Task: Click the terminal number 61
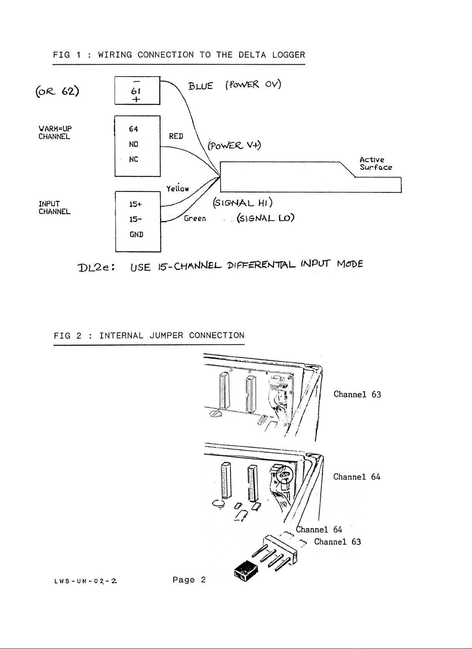pyautogui.click(x=136, y=91)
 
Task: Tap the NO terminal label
pyautogui.click(x=134, y=144)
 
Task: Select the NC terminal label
pyautogui.click(x=134, y=159)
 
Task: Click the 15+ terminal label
pyautogui.click(x=136, y=204)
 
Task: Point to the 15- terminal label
pyautogui.click(x=136, y=219)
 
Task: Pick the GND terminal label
pyautogui.click(x=136, y=235)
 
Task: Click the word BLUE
pyautogui.click(x=201, y=86)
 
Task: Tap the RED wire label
pyautogui.click(x=176, y=136)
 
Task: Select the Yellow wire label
pyautogui.click(x=177, y=188)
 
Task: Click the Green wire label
pyautogui.click(x=195, y=218)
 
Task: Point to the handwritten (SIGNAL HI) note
pyautogui.click(x=243, y=203)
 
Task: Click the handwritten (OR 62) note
pyautogui.click(x=57, y=92)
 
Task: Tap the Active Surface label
pyautogui.click(x=376, y=164)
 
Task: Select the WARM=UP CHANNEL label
pyautogui.click(x=55, y=132)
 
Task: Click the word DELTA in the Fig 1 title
pyautogui.click(x=252, y=55)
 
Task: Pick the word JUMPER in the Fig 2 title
pyautogui.click(x=166, y=335)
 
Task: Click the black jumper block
pyautogui.click(x=246, y=571)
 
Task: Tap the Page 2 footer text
pyautogui.click(x=189, y=580)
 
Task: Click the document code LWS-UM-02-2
pyautogui.click(x=86, y=581)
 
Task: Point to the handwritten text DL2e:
pyautogui.click(x=97, y=267)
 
